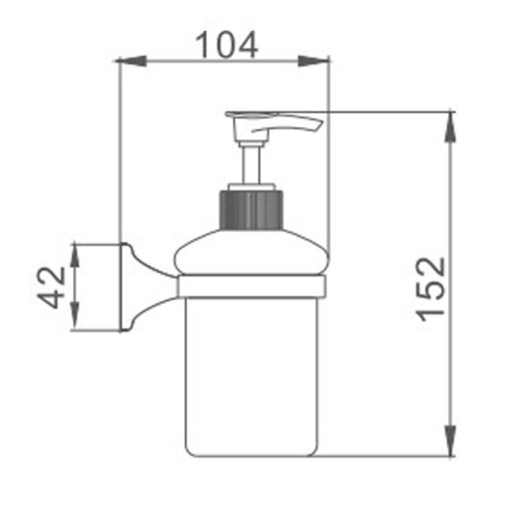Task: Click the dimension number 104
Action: click(227, 45)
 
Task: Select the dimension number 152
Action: click(431, 289)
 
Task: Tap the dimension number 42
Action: click(51, 287)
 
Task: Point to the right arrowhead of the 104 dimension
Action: click(313, 61)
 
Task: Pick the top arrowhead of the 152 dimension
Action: click(450, 127)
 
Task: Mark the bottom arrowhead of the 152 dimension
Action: click(450, 440)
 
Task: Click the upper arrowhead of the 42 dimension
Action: click(75, 255)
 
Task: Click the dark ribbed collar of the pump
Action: click(250, 210)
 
